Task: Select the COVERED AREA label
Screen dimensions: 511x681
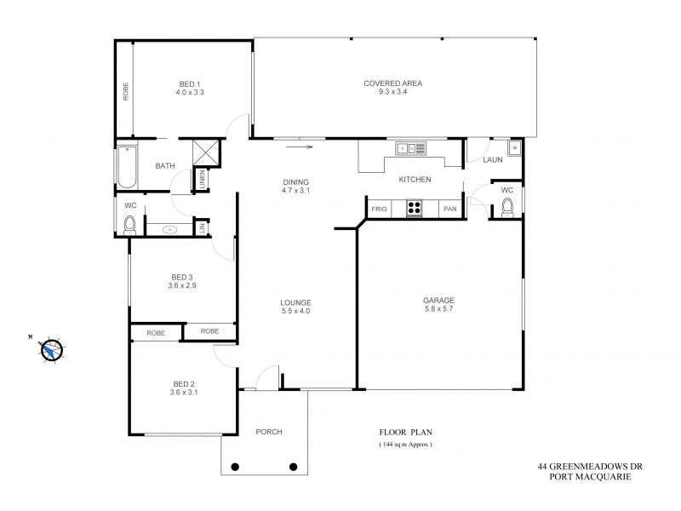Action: [x=393, y=83]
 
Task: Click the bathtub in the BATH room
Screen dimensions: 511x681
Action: [x=125, y=167]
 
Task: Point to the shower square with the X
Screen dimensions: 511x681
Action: [x=207, y=152]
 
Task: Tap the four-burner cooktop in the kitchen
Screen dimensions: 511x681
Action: [x=415, y=207]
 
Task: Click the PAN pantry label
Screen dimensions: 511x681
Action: [x=449, y=207]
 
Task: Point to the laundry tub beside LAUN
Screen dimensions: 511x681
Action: [x=516, y=150]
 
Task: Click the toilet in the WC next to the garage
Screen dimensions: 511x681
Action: [x=508, y=207]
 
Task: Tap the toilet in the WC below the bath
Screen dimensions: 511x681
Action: [x=129, y=225]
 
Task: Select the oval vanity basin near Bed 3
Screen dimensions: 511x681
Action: [x=169, y=228]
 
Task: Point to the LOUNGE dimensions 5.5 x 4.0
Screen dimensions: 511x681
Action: [x=296, y=312]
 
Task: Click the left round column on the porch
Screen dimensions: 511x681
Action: [x=236, y=466]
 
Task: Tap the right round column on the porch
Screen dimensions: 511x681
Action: [x=294, y=466]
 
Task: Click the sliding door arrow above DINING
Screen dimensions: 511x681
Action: [x=300, y=146]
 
